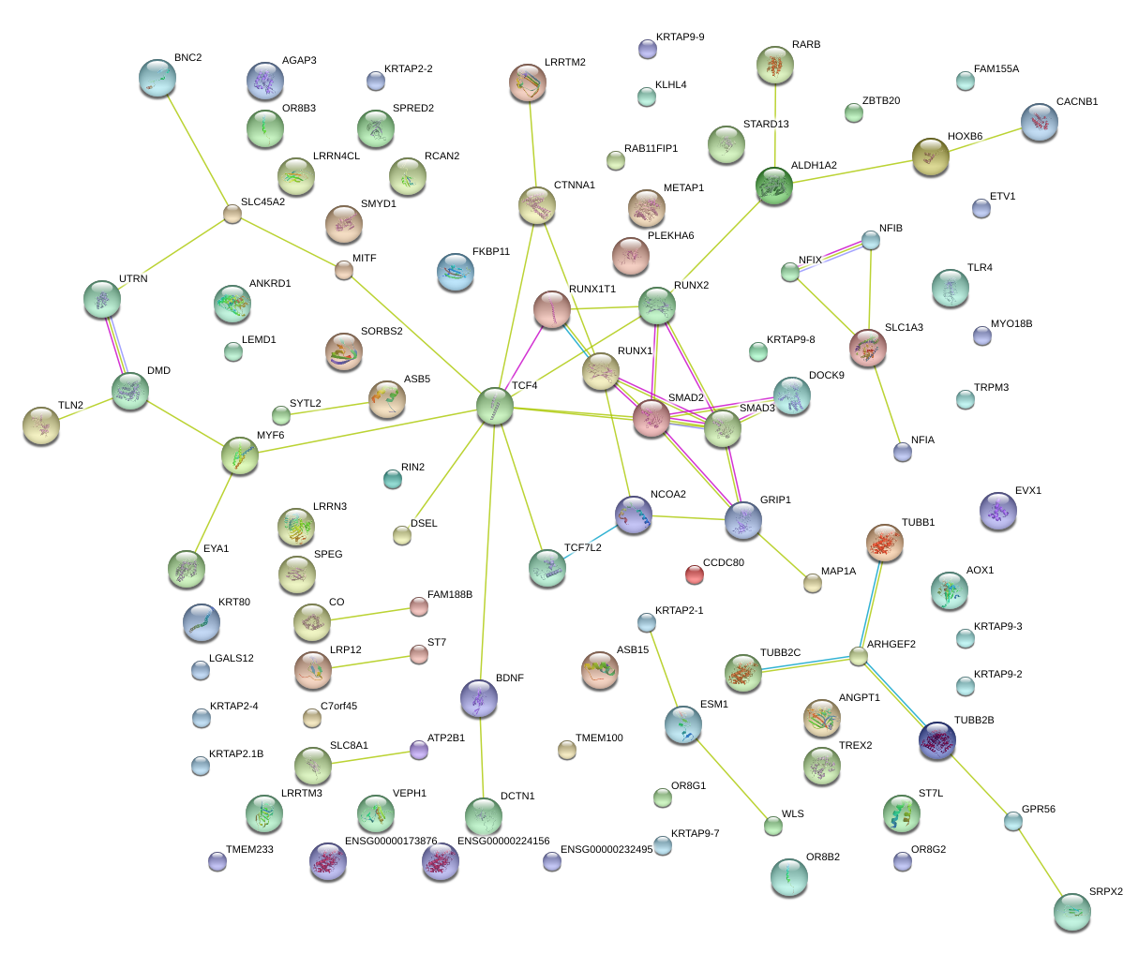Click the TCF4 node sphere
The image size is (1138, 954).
coord(494,407)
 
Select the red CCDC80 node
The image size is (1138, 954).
coord(694,574)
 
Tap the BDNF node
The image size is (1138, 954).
coord(479,697)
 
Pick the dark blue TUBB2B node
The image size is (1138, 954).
coord(937,739)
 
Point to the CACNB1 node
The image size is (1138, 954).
coord(1039,122)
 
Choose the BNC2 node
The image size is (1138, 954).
coord(157,78)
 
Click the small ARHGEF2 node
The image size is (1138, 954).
coord(858,656)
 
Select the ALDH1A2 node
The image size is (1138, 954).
coord(774,186)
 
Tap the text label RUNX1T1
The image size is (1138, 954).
coord(592,289)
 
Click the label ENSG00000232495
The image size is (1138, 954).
coord(606,849)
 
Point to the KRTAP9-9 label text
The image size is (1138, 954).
coord(681,37)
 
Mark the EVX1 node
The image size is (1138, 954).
coord(996,510)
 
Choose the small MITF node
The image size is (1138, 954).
coord(344,271)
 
